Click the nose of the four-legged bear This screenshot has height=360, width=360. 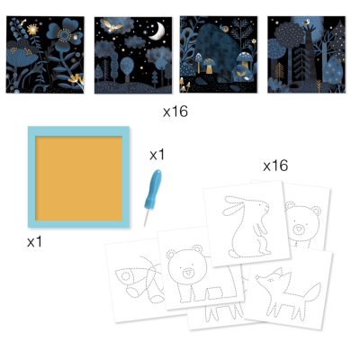coord(191,273)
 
